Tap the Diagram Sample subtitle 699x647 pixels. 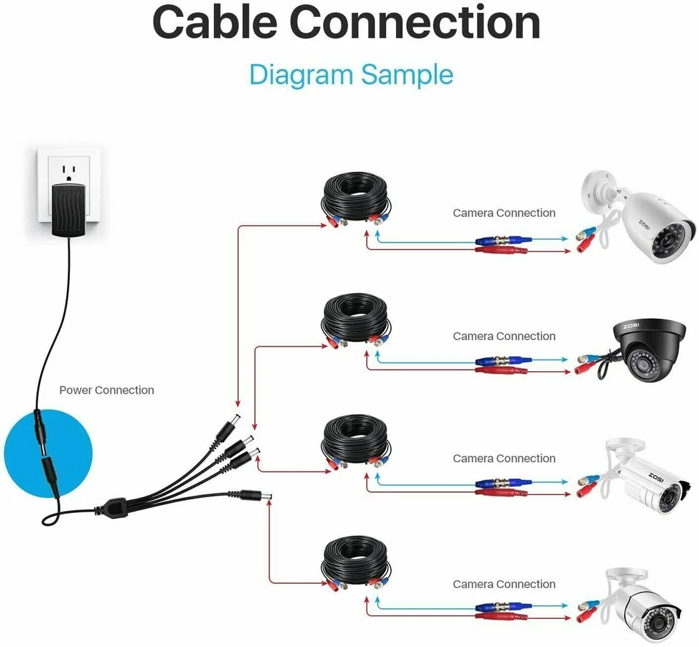(351, 74)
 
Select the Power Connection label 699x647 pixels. (106, 390)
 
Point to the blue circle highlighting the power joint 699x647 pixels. (48, 452)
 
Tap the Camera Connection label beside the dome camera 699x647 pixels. (504, 336)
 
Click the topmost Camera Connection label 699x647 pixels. (504, 213)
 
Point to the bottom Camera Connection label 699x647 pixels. (504, 584)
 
